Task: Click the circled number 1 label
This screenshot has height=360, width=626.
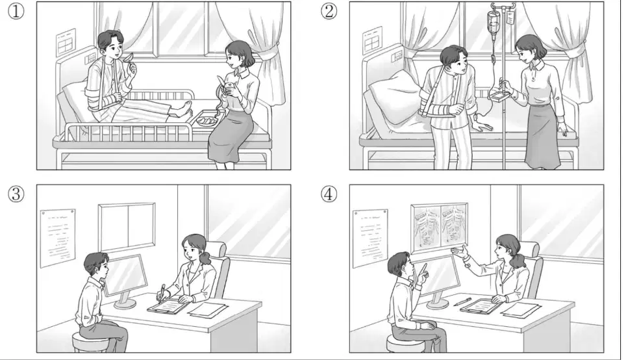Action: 16,11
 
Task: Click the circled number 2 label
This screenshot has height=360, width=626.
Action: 329,11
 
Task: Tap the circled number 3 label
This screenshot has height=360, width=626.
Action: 16,194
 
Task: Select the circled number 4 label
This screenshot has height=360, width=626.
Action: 329,194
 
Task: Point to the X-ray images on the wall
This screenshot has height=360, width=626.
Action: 439,227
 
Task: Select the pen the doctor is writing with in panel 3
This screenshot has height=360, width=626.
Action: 161,293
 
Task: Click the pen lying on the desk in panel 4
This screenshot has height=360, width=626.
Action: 462,301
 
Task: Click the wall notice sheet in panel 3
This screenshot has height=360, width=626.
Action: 58,238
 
